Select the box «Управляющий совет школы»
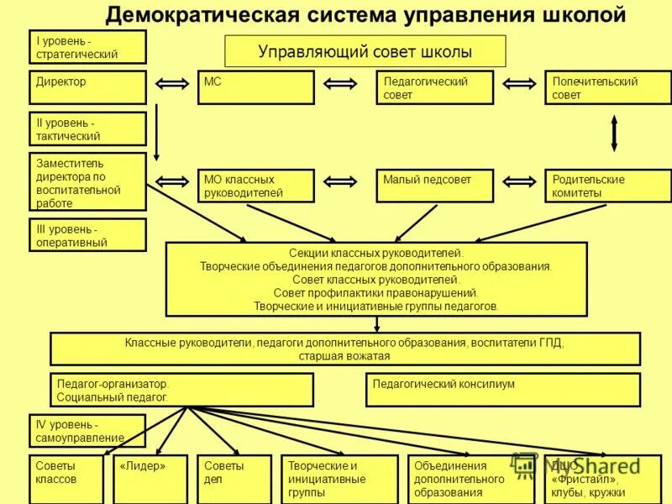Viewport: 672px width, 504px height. click(365, 51)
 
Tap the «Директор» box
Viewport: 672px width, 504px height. click(87, 87)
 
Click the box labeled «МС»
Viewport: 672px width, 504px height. click(255, 87)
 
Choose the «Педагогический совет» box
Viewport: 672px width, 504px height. click(434, 87)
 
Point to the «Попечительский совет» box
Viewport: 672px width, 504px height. click(607, 87)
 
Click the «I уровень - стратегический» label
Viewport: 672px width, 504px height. click(87, 47)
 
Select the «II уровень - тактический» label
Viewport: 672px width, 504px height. click(87, 129)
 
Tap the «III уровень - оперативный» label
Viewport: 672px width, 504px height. click(87, 235)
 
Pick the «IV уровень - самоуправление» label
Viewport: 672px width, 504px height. click(87, 430)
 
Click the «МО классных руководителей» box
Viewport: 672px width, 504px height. click(255, 186)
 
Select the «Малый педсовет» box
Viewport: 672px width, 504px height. click(434, 186)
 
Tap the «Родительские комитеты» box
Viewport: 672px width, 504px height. click(607, 186)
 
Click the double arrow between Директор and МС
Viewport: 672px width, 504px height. click(171, 83)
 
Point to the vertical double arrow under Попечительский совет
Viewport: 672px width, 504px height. click(614, 133)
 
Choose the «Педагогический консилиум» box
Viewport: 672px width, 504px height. click(502, 390)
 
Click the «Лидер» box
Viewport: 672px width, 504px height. click(150, 479)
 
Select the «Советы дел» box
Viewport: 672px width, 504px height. click(234, 479)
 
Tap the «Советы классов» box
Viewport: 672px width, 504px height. click(66, 479)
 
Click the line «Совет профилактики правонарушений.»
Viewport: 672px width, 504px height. click(375, 292)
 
